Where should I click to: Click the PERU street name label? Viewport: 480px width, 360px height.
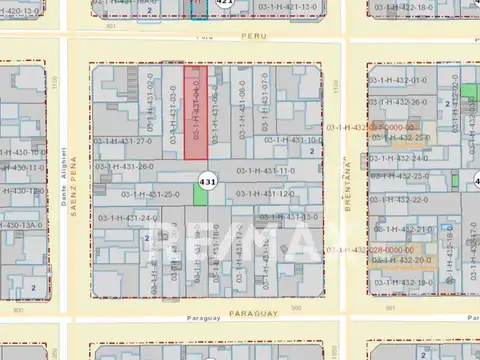point(256,35)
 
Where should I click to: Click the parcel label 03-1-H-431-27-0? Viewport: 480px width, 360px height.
point(123,141)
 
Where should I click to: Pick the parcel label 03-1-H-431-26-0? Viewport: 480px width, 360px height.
point(124,167)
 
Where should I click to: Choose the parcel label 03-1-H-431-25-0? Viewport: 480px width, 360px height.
point(150,194)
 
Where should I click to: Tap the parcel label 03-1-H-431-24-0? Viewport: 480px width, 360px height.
point(129,218)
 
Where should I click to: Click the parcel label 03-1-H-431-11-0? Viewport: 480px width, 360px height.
point(266,171)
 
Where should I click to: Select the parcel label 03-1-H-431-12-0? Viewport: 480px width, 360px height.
point(265,194)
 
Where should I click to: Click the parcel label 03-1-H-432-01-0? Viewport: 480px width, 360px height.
point(398,80)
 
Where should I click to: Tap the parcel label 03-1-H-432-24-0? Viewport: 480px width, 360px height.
point(399,158)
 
